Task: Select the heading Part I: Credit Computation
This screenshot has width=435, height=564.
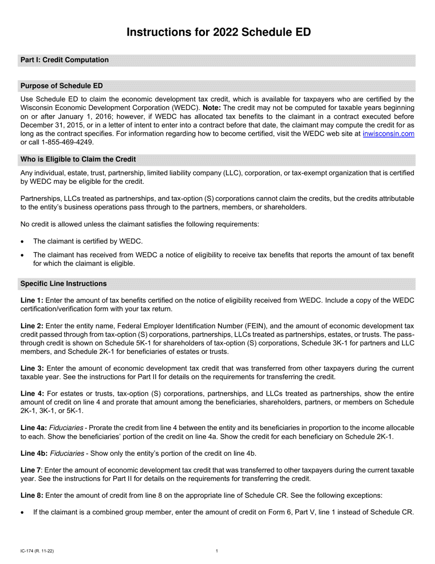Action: click(65, 60)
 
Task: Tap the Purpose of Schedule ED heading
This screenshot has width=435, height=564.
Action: click(62, 86)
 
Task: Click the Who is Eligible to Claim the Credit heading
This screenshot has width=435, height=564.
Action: click(78, 160)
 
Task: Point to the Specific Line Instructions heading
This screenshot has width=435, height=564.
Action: click(64, 284)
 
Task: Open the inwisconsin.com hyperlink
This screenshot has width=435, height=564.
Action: click(388, 134)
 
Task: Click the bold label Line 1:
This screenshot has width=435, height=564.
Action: click(32, 300)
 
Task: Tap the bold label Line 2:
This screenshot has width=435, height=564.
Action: click(32, 326)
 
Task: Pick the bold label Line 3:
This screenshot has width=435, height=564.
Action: click(32, 369)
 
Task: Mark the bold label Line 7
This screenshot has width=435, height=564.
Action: click(31, 470)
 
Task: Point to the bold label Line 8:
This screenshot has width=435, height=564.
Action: click(32, 496)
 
